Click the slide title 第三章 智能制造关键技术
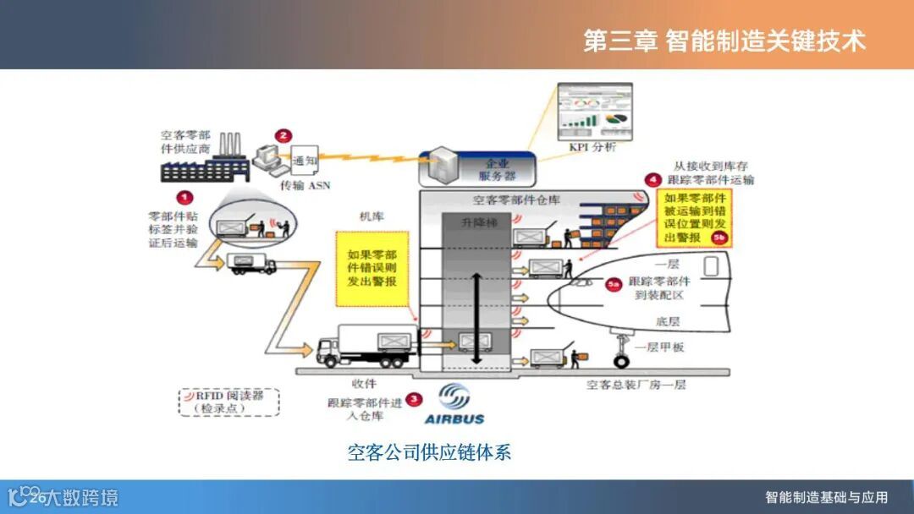point(724,41)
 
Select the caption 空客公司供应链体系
point(429,452)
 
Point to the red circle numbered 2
point(284,135)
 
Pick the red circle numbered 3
point(413,399)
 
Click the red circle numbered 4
point(652,179)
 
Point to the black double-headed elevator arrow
point(476,319)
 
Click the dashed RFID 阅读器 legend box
point(228,401)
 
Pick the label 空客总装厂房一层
point(636,385)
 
